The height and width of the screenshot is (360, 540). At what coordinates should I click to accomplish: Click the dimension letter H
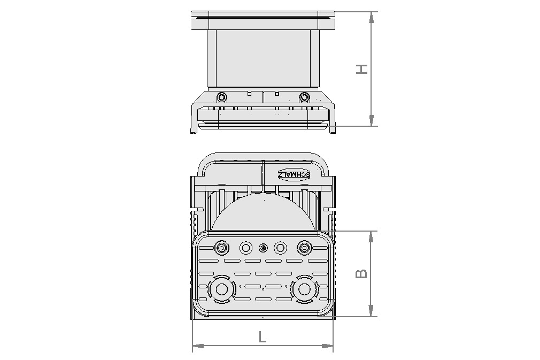362,69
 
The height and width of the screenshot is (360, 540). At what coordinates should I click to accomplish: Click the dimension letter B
362,273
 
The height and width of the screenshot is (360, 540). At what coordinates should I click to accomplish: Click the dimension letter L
262,336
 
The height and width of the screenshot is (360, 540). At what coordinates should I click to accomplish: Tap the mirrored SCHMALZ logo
294,174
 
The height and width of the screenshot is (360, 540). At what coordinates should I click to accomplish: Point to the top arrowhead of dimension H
371,17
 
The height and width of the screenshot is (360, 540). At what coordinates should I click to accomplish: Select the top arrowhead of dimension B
371,236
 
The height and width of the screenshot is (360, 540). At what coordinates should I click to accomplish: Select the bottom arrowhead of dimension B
371,311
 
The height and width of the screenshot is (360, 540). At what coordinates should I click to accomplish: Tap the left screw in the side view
221,97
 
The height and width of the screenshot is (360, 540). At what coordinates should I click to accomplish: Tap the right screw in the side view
304,97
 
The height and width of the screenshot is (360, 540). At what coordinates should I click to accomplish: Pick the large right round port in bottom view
304,289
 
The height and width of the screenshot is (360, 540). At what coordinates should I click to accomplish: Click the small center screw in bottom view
263,248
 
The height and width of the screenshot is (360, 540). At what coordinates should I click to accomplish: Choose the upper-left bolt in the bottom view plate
221,248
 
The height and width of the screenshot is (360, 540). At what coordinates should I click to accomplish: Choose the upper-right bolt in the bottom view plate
304,248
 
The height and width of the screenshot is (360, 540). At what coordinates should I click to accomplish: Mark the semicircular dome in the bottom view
262,214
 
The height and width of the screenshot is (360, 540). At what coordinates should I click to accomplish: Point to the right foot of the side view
332,128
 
